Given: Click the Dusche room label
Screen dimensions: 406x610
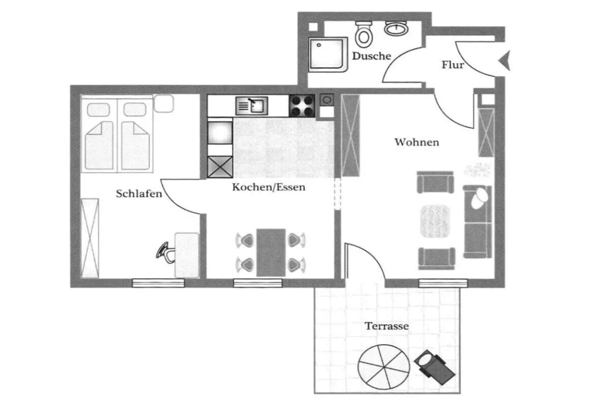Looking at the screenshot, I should [371, 56].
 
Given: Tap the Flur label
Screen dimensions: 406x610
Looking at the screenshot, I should [452, 65].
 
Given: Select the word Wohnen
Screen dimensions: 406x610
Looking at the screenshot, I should [416, 142].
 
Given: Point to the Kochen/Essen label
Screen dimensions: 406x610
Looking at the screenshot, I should [269, 187].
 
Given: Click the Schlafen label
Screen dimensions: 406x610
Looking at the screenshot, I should [139, 194].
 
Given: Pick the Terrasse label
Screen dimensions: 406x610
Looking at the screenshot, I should [386, 326].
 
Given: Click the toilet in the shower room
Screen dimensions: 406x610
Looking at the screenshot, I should [364, 33].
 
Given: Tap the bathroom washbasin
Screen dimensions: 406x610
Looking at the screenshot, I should [396, 28].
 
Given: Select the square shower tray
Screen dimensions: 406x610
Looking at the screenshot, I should [327, 54].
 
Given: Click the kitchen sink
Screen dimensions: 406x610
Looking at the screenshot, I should [252, 105].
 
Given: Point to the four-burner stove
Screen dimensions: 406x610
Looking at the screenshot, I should [302, 105].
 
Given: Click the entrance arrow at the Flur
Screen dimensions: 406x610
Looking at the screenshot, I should [505, 60].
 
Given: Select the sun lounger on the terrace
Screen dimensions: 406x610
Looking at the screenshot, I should [435, 367].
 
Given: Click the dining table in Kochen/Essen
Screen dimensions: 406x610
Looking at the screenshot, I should [271, 252].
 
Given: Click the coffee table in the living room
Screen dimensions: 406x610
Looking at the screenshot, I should [435, 221].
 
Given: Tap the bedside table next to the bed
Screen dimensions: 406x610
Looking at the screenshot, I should [164, 103].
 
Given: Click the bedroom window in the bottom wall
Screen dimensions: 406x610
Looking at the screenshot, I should [158, 283].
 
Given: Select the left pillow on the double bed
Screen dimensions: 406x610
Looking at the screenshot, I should [98, 110].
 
